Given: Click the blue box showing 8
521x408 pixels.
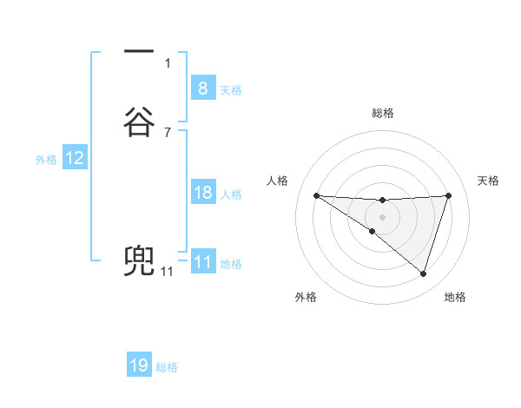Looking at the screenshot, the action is pos(202,88).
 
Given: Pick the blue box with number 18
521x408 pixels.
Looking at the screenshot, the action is pos(202,193).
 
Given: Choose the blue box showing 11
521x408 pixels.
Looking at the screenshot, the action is pos(202,262).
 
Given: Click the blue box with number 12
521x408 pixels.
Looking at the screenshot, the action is pos(75,158).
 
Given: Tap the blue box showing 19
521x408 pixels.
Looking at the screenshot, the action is pos(139,365).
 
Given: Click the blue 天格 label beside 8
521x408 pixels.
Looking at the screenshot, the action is pos(231,89).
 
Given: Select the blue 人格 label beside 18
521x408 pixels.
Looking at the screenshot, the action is pos(231,194).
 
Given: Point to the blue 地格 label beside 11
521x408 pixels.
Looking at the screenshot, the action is pos(231,264).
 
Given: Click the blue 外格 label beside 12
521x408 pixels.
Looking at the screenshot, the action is pos(46,160).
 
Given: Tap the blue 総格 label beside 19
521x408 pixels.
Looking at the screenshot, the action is pos(167,367).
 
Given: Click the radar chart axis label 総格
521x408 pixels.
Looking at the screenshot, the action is pos(382,113).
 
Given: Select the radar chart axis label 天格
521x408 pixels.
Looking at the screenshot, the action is pos(488,181).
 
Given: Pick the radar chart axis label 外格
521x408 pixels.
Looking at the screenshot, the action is pos(306,297).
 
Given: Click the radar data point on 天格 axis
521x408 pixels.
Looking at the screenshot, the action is pos(448,195).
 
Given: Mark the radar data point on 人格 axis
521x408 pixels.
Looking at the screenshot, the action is pos(316,195).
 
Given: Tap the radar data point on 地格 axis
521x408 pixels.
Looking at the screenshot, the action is pos(423,273).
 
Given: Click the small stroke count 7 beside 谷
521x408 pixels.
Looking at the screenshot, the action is pos(167,132).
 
